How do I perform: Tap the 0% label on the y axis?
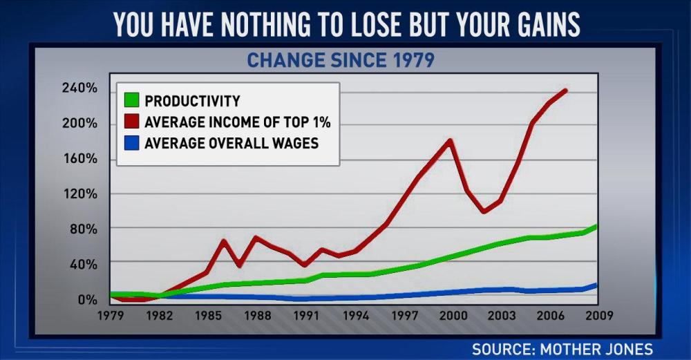[87, 299]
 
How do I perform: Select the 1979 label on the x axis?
[111, 316]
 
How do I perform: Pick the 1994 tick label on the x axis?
[355, 316]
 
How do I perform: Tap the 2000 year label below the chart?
[452, 316]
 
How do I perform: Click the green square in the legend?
[131, 101]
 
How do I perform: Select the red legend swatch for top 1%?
[131, 123]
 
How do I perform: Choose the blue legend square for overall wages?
[131, 144]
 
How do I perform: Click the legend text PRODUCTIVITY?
[192, 101]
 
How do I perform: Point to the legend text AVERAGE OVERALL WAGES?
[231, 144]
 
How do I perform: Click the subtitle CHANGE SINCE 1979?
[341, 60]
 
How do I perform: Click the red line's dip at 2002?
[484, 211]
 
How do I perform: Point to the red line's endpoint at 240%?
[566, 91]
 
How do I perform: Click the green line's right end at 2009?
[596, 226]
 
